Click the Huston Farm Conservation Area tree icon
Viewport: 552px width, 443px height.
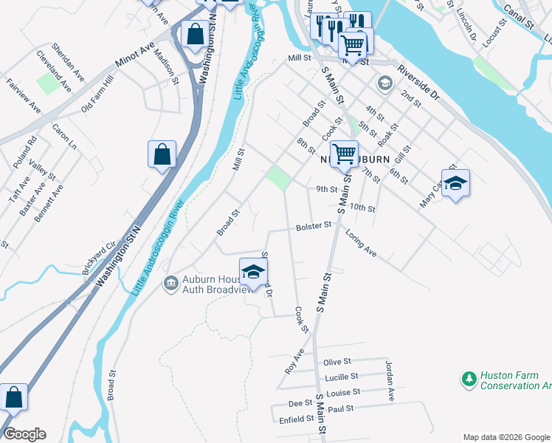(469, 380)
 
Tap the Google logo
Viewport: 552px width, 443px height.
(24, 434)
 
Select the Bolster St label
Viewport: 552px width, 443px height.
(313, 227)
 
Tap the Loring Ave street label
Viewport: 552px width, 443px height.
(361, 243)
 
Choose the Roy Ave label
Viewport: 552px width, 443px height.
(294, 361)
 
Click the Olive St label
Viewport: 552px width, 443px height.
(336, 362)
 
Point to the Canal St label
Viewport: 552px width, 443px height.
(518, 18)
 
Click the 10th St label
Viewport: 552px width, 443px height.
(364, 207)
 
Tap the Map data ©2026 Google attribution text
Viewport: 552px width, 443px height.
(506, 437)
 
